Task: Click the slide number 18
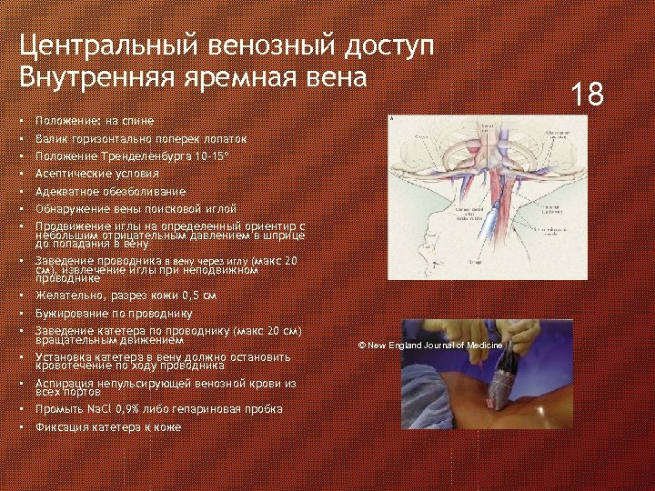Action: (x=586, y=94)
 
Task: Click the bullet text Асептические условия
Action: (x=96, y=174)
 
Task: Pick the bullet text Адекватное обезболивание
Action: (x=110, y=191)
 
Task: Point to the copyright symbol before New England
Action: (x=361, y=346)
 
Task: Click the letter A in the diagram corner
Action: (x=391, y=119)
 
